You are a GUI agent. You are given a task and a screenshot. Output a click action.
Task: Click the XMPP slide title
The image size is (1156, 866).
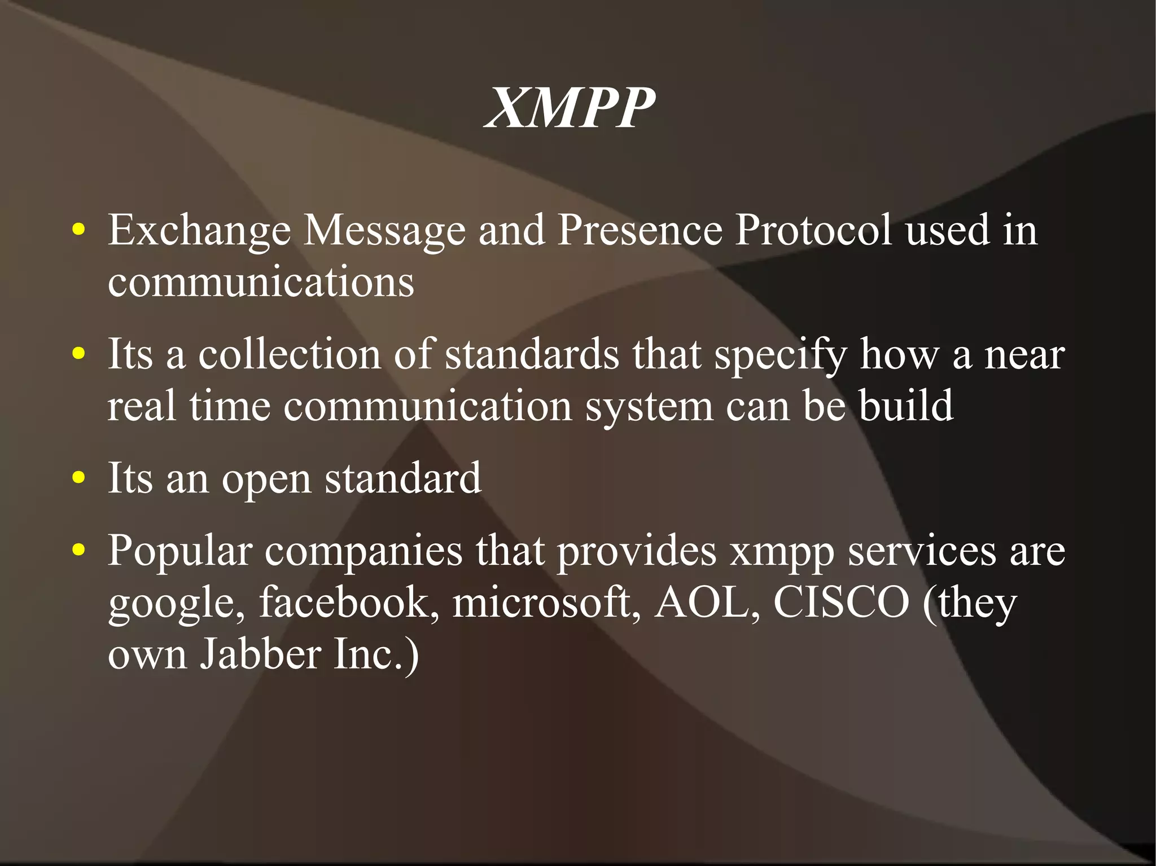tap(570, 108)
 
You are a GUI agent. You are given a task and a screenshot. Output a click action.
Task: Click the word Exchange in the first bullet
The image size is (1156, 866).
tap(199, 231)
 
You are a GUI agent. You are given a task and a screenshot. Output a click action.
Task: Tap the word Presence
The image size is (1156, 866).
tap(640, 231)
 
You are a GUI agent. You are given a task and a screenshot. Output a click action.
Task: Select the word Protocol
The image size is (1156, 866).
tap(813, 231)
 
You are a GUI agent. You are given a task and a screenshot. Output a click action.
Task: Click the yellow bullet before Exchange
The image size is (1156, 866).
tap(79, 230)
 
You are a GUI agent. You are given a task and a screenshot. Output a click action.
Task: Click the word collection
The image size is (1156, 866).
tap(289, 355)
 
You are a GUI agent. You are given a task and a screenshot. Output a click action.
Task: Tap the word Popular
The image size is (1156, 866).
tap(180, 551)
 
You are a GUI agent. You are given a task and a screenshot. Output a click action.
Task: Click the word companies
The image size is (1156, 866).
tap(364, 551)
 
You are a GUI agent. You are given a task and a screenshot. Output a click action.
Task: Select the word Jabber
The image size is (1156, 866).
tap(261, 654)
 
